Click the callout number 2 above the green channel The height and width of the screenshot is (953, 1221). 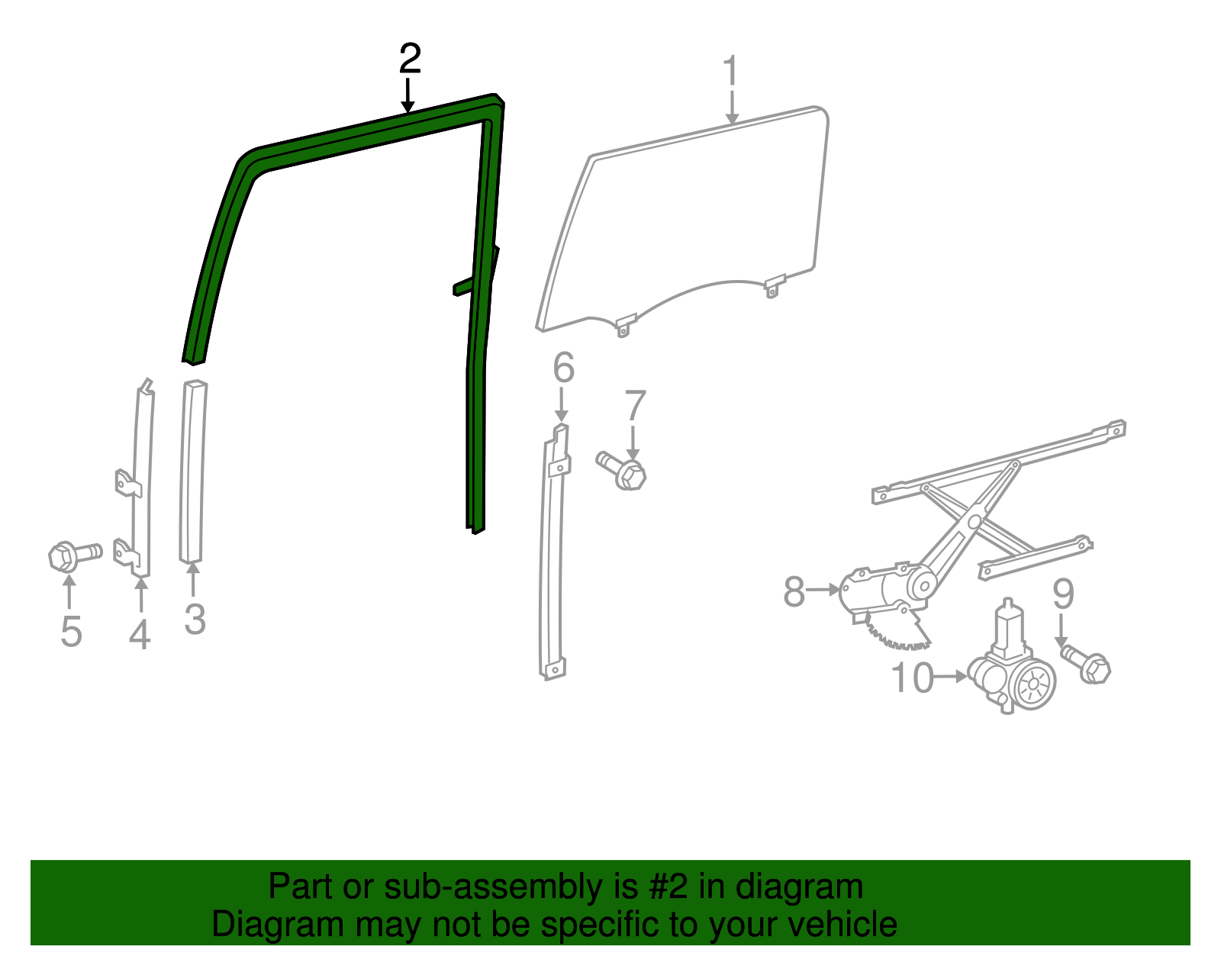tap(410, 59)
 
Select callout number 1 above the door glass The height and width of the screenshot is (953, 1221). tap(730, 70)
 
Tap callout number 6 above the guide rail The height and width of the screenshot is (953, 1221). tap(564, 368)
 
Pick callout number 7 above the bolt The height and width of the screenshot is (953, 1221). tap(635, 405)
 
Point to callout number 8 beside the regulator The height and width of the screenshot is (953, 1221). tap(794, 591)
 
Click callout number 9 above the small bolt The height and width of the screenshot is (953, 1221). tap(1063, 594)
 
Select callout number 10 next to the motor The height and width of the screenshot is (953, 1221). tap(912, 678)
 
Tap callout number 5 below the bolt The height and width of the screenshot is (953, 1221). tap(72, 631)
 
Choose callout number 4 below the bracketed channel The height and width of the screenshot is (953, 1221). tap(140, 635)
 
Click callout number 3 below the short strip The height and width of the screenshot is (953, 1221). tap(195, 619)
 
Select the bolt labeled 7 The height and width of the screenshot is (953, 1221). tap(621, 471)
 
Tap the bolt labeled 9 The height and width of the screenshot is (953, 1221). tap(1086, 665)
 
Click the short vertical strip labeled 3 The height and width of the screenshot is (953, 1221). tap(193, 472)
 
